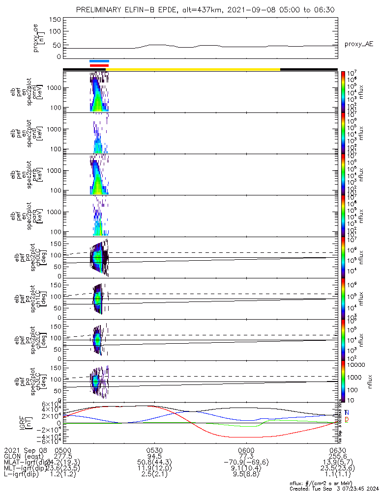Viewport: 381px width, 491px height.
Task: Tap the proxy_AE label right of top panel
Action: pyautogui.click(x=358, y=44)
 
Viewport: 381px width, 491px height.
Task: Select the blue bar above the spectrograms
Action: pyautogui.click(x=99, y=61)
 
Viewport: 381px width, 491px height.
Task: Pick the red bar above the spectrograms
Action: pyautogui.click(x=99, y=65)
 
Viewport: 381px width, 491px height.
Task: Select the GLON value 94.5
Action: pyautogui.click(x=154, y=456)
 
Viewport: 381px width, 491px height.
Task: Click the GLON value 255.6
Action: pyautogui.click(x=337, y=456)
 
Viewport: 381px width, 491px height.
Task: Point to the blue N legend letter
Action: pyautogui.click(x=347, y=413)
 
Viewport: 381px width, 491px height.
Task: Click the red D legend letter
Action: pyautogui.click(x=347, y=420)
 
